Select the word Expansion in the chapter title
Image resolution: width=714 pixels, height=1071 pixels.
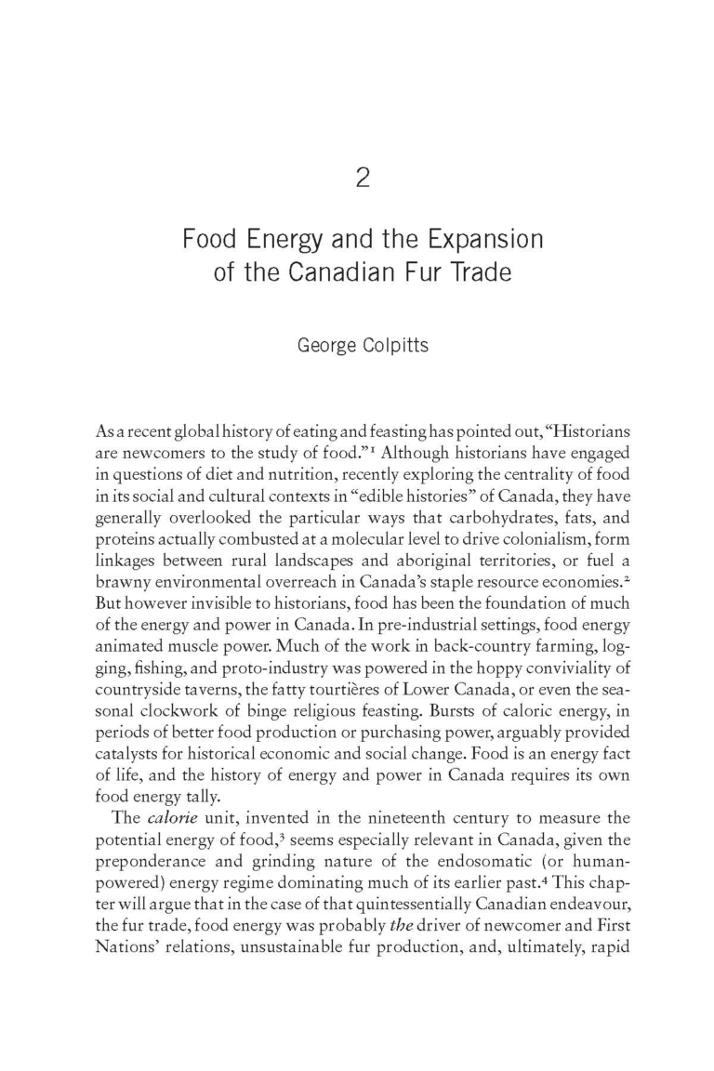486,240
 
